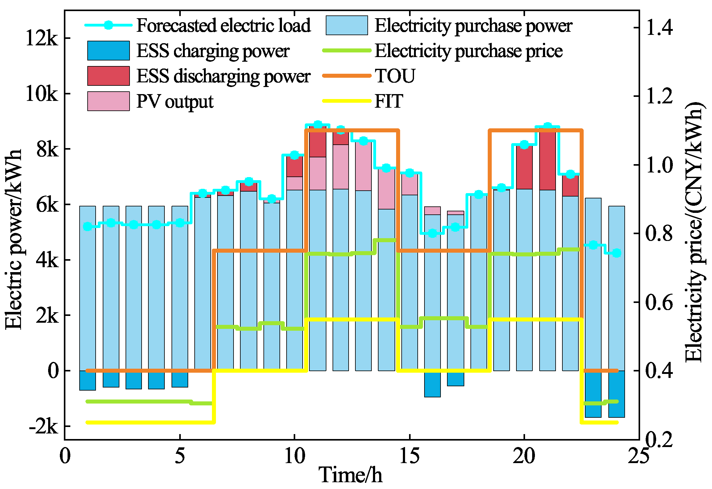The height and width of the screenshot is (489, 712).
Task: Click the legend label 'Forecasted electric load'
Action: tap(223, 25)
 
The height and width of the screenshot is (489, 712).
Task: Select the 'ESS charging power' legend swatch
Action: tap(108, 51)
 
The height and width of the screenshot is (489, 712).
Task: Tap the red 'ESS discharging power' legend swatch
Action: tap(108, 76)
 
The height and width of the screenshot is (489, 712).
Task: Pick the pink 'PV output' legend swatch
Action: tap(108, 101)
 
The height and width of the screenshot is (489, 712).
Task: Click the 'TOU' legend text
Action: tap(395, 76)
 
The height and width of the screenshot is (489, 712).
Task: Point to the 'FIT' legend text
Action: tap(389, 101)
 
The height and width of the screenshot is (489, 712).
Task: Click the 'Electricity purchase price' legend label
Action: tap(468, 51)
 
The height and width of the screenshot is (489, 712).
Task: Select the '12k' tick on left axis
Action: tap(42, 38)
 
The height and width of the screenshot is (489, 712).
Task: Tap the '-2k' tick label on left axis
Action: tap(43, 426)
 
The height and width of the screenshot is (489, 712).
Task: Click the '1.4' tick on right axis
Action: tap(659, 27)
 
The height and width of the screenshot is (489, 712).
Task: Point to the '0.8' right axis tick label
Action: tap(659, 233)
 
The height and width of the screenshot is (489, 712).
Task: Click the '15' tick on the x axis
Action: tap(409, 456)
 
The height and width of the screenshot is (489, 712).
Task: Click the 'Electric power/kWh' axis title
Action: tap(14, 239)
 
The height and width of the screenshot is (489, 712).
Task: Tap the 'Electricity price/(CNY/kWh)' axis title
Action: tap(694, 231)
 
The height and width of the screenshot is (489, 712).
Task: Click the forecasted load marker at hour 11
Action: tap(318, 125)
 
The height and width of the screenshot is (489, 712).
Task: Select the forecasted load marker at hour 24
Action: tap(617, 253)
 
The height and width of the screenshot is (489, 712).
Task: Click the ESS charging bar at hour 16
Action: tap(432, 384)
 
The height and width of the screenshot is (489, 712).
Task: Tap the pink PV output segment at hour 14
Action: tap(386, 189)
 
